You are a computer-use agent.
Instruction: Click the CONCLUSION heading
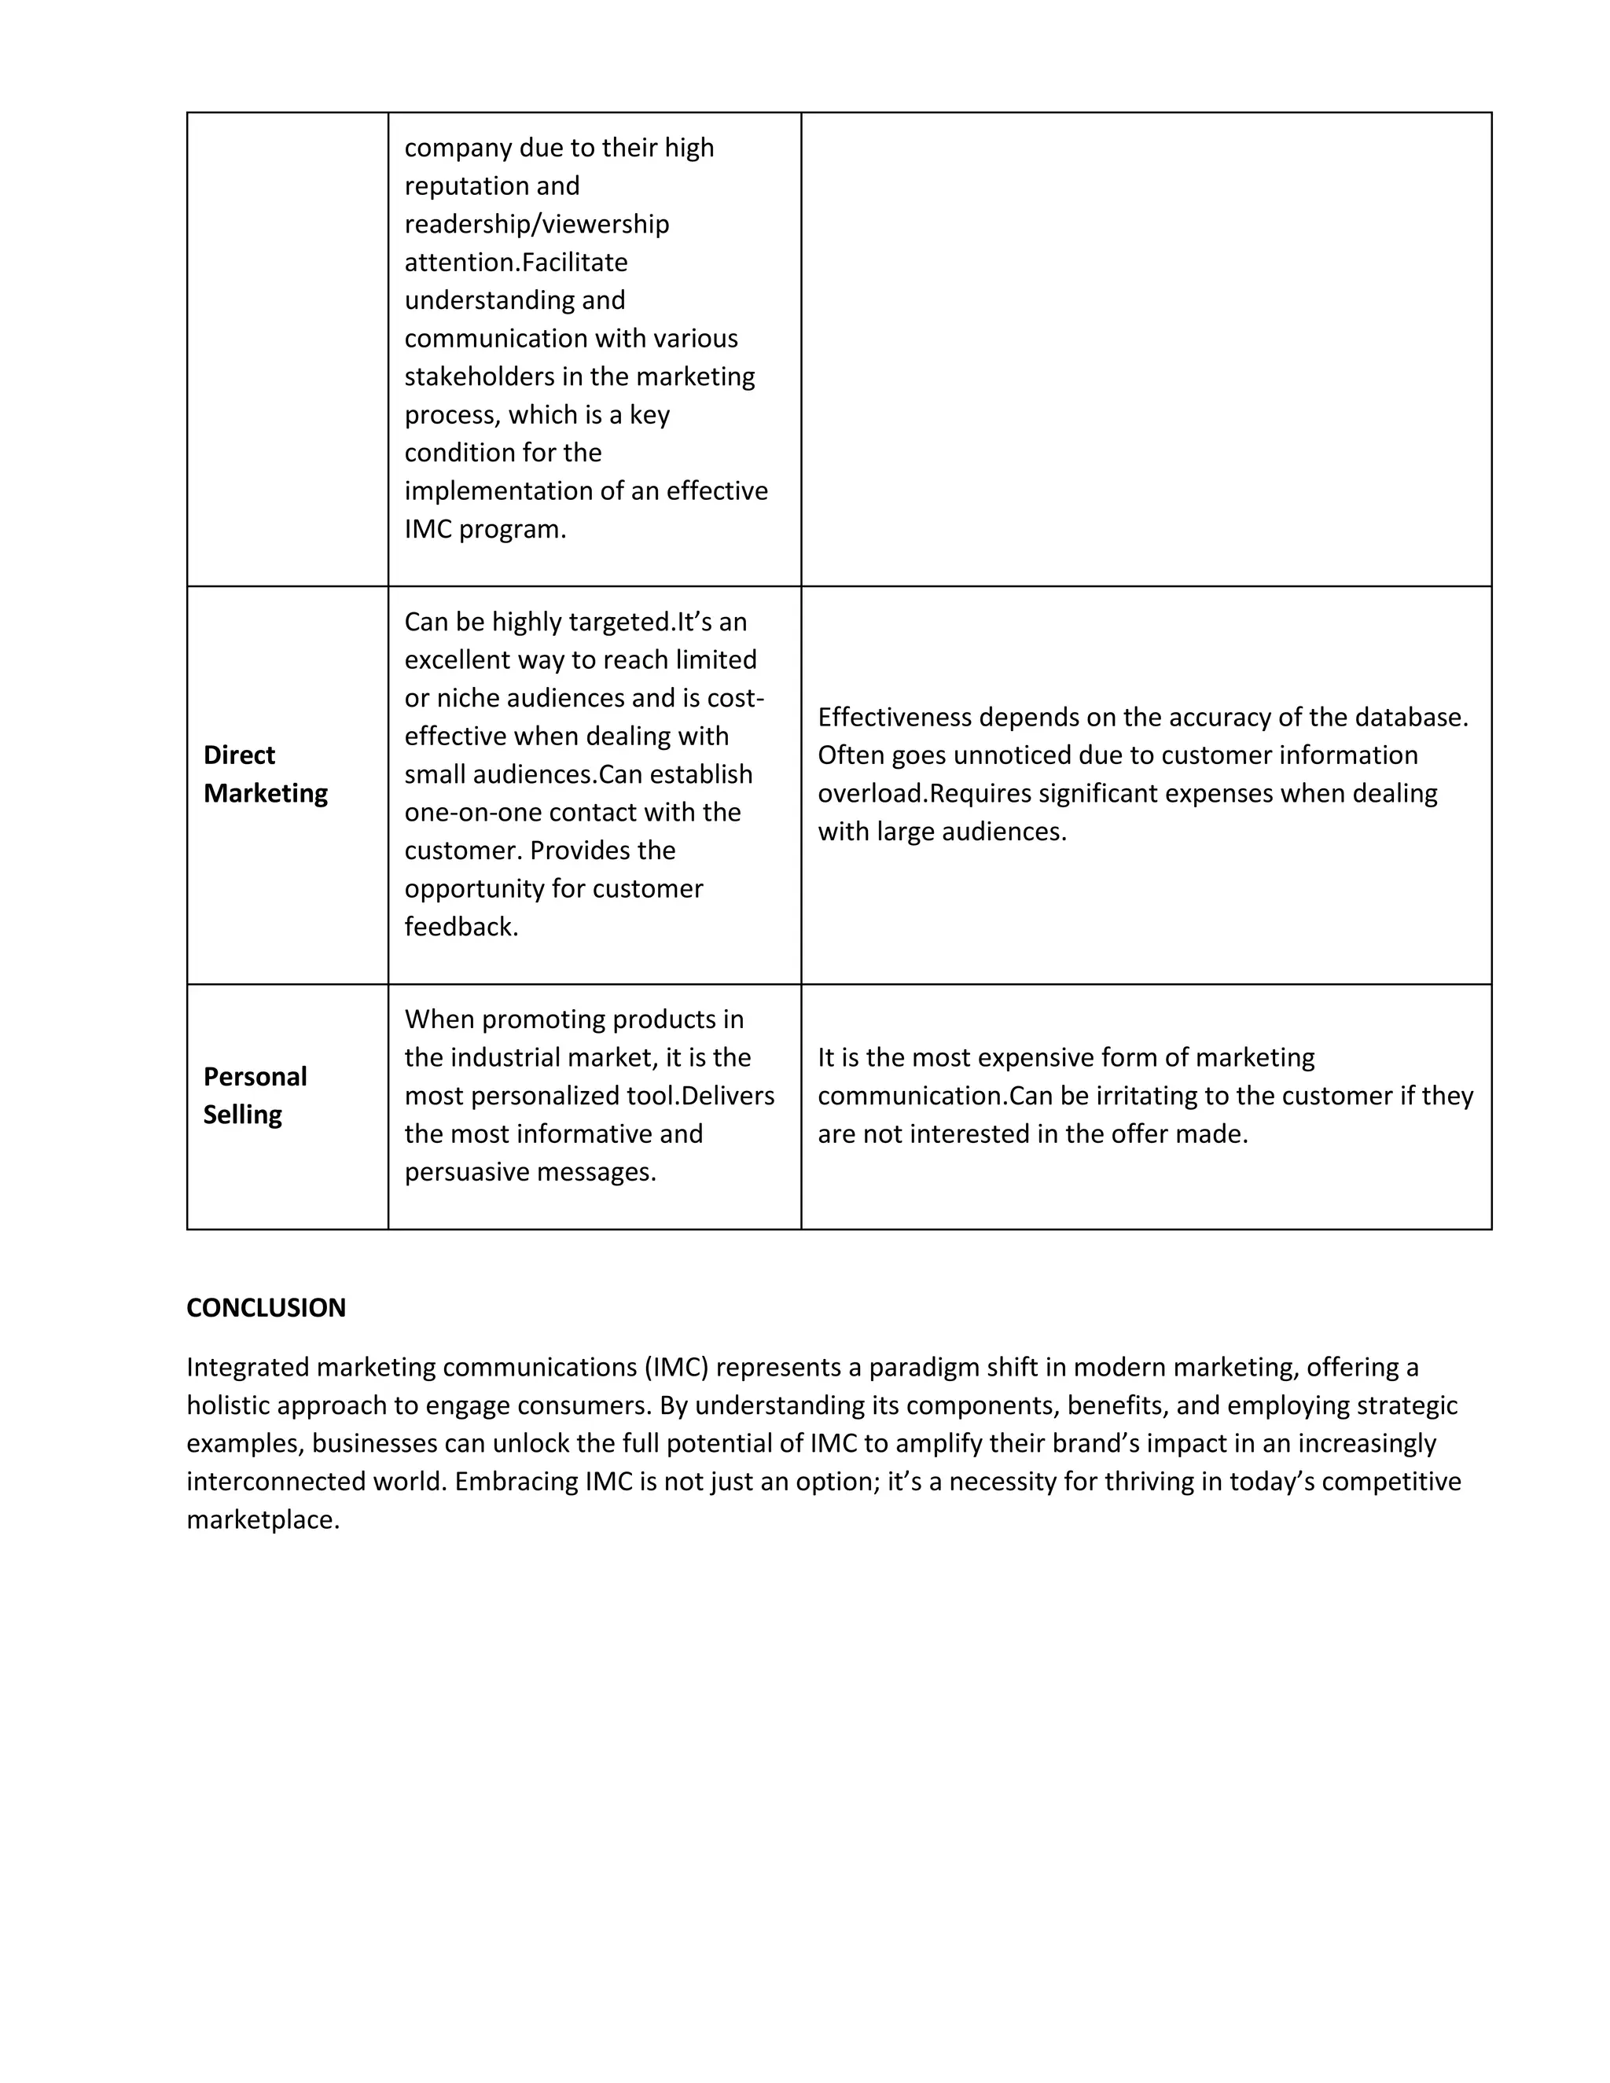pos(266,1308)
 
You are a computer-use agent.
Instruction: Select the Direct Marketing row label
pos(265,773)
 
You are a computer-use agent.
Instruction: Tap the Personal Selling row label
pos(255,1095)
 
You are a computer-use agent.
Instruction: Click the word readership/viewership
pos(537,224)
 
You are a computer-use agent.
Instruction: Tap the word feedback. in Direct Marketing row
pos(461,927)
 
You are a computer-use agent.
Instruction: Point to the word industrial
pos(509,1058)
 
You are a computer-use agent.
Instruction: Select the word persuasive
pos(461,1172)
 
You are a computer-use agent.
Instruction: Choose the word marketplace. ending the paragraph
pos(263,1520)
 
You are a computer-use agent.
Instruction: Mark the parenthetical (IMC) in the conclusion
pos(676,1368)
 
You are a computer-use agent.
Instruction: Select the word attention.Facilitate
pos(516,263)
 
